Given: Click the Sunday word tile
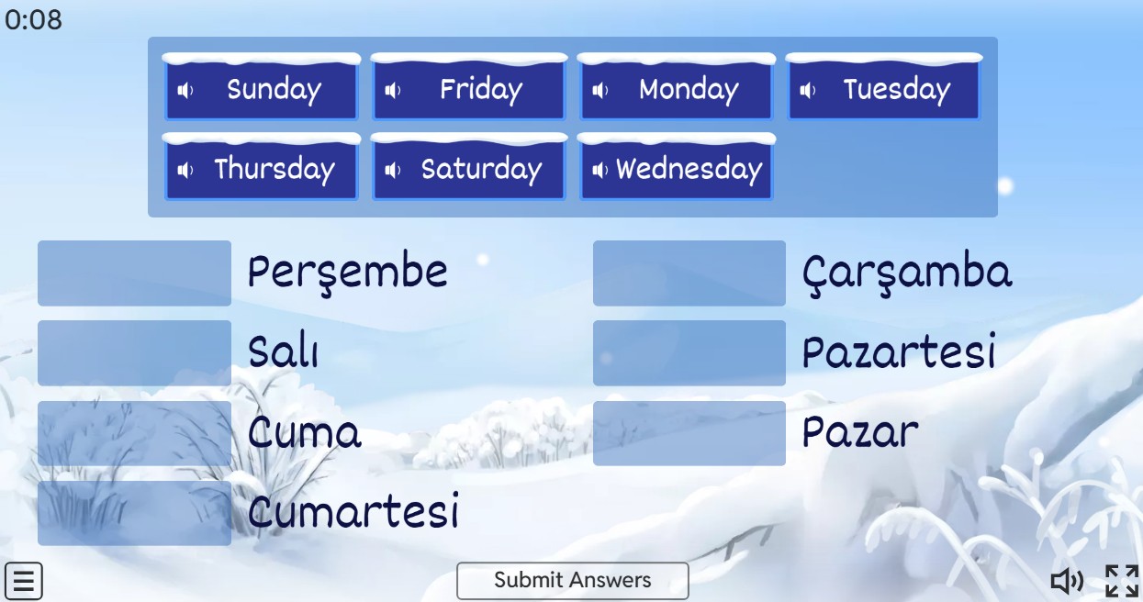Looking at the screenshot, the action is click(x=262, y=87).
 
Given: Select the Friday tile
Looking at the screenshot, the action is click(x=469, y=87).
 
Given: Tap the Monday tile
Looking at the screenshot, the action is click(x=677, y=87).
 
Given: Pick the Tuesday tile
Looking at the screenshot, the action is click(x=884, y=87).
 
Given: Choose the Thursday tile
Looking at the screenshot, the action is click(x=262, y=167).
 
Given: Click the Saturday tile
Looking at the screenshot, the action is click(x=469, y=167).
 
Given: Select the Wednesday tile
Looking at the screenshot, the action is click(x=677, y=167).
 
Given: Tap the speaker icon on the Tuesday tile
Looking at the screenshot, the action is click(x=807, y=91).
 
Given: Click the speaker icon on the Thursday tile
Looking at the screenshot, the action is click(x=185, y=171).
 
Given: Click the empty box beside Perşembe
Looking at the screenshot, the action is click(x=134, y=273).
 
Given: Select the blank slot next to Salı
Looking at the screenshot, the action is click(x=134, y=353).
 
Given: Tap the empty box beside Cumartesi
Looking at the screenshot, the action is click(x=134, y=513).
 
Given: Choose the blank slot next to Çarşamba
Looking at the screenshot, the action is click(x=689, y=273).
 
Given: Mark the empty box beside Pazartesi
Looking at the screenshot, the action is click(x=689, y=353).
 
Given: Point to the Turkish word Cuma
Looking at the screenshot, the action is click(x=305, y=432).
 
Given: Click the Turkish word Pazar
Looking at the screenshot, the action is click(x=860, y=432).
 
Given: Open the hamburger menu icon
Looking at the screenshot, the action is click(x=24, y=581).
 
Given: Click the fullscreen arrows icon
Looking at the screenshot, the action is click(x=1122, y=581).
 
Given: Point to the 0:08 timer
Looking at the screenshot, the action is click(x=34, y=20).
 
